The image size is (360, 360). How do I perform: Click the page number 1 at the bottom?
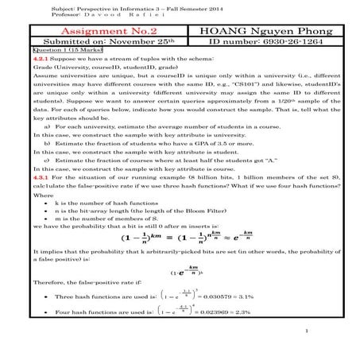coord(306,350)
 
